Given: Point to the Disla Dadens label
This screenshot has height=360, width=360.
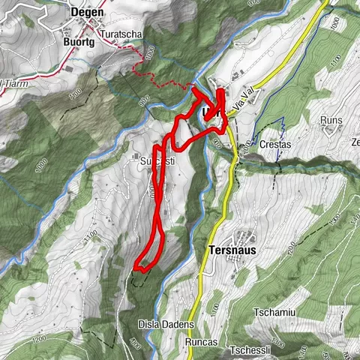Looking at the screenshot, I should click(166, 325).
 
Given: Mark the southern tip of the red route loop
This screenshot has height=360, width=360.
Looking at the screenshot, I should click(137, 268).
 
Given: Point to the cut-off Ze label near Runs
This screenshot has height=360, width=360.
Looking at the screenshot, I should click(355, 142).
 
